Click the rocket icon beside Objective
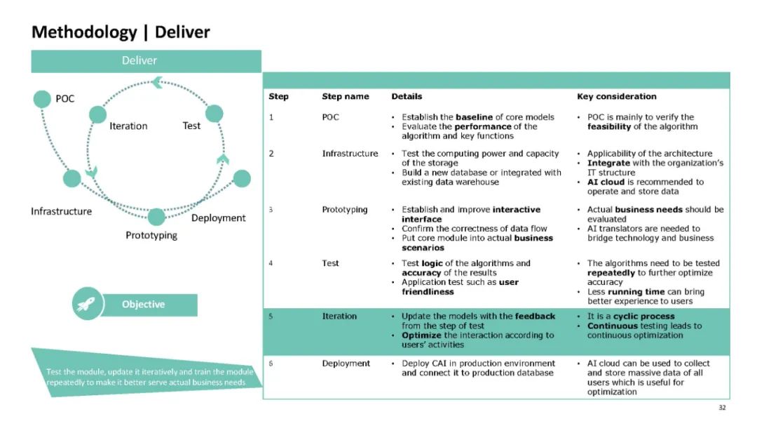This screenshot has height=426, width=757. click(x=88, y=305)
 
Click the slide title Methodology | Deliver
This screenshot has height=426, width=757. click(x=121, y=32)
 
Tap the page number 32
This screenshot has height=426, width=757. click(x=722, y=407)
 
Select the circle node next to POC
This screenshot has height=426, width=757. click(x=42, y=99)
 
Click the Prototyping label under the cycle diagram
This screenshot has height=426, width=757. click(x=151, y=235)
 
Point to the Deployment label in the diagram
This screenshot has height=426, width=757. click(x=218, y=218)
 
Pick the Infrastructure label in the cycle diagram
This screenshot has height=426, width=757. click(x=61, y=211)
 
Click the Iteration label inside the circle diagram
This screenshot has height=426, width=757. click(x=128, y=126)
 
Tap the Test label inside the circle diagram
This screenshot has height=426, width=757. click(x=191, y=126)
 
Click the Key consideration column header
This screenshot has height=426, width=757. click(x=617, y=96)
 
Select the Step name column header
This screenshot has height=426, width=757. click(x=345, y=96)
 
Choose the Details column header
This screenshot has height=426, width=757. click(x=407, y=96)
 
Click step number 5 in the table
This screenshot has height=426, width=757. click(x=271, y=317)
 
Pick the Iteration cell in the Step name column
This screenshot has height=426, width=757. click(x=339, y=317)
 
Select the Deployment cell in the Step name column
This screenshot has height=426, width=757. click(x=346, y=364)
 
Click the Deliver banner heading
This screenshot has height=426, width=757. click(x=146, y=61)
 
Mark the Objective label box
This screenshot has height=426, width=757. click(x=144, y=305)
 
